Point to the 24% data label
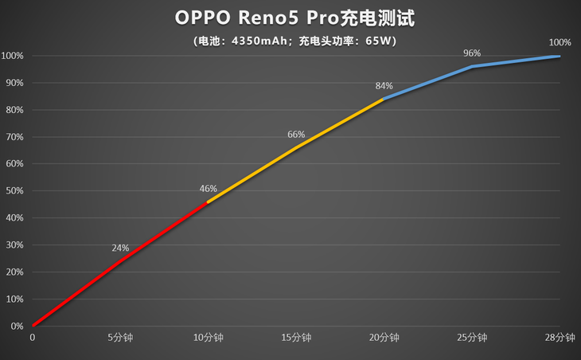point(120,248)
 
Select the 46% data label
point(208,189)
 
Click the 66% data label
point(296,135)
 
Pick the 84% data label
point(384,85)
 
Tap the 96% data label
point(472,53)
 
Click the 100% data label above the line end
point(560,42)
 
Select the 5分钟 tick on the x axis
point(120,338)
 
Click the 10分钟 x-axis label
point(208,338)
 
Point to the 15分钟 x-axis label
point(296,338)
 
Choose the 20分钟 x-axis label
point(384,338)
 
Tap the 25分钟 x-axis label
point(472,338)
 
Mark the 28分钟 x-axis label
point(560,338)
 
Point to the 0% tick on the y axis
point(17,326)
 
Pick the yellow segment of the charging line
point(296,147)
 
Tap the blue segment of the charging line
point(472,67)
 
